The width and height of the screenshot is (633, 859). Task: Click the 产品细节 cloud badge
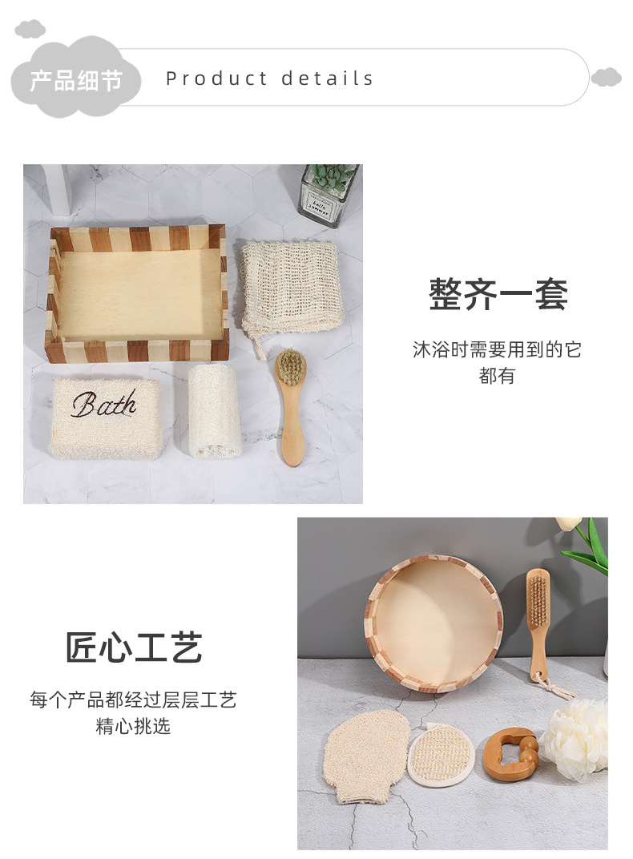pos(76,80)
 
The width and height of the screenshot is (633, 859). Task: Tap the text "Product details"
pos(269,79)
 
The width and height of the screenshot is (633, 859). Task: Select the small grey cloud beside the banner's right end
pos(606,78)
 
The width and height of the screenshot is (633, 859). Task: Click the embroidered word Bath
pos(103,405)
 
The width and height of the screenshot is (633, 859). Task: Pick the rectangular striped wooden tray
pos(137,293)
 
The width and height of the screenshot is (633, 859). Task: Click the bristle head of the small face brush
pos(291,366)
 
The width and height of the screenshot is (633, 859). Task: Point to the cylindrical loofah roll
pos(215,410)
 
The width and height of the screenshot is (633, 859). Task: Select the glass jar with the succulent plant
pos(328,194)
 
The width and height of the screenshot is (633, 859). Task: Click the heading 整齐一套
pos(498,294)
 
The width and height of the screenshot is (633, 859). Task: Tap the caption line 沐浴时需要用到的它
pos(497,349)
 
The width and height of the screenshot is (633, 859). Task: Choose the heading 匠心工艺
pos(134,647)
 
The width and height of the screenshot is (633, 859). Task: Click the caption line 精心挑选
pos(134,727)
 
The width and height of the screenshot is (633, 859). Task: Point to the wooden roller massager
pos(510,755)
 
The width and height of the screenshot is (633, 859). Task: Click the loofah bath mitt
pos(368,753)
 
